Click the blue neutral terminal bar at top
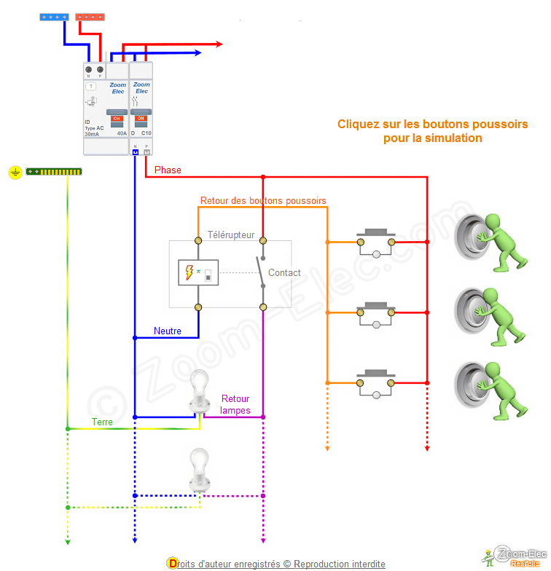coord(55,16)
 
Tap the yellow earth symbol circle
coord(15,173)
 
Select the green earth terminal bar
coord(54,172)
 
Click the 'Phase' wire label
coord(168,170)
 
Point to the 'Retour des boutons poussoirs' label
coord(263,200)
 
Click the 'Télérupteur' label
coord(231,235)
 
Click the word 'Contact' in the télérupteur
coord(284,273)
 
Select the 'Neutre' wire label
coord(168,331)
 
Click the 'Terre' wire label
coord(102,422)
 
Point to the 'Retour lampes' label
coord(235,404)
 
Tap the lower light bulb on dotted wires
coord(199,469)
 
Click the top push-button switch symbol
coord(375,242)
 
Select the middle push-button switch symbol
coord(375,312)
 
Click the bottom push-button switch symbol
coord(375,382)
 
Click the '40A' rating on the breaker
coord(122,134)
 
